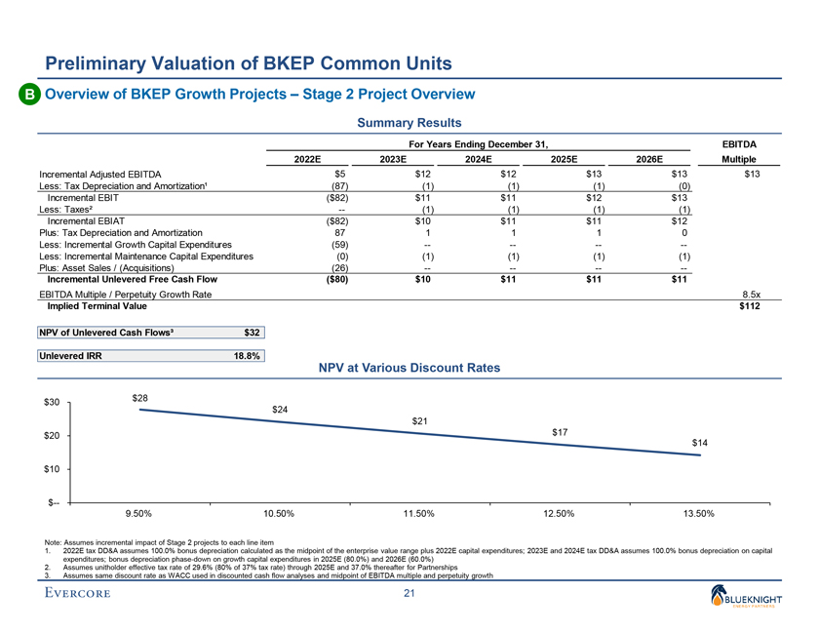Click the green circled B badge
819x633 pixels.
28,95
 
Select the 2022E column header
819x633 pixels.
309,159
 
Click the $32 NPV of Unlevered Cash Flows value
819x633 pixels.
251,333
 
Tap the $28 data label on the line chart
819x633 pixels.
140,397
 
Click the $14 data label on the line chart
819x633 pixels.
699,443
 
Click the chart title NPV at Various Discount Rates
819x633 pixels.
409,369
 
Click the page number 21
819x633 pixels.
409,596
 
